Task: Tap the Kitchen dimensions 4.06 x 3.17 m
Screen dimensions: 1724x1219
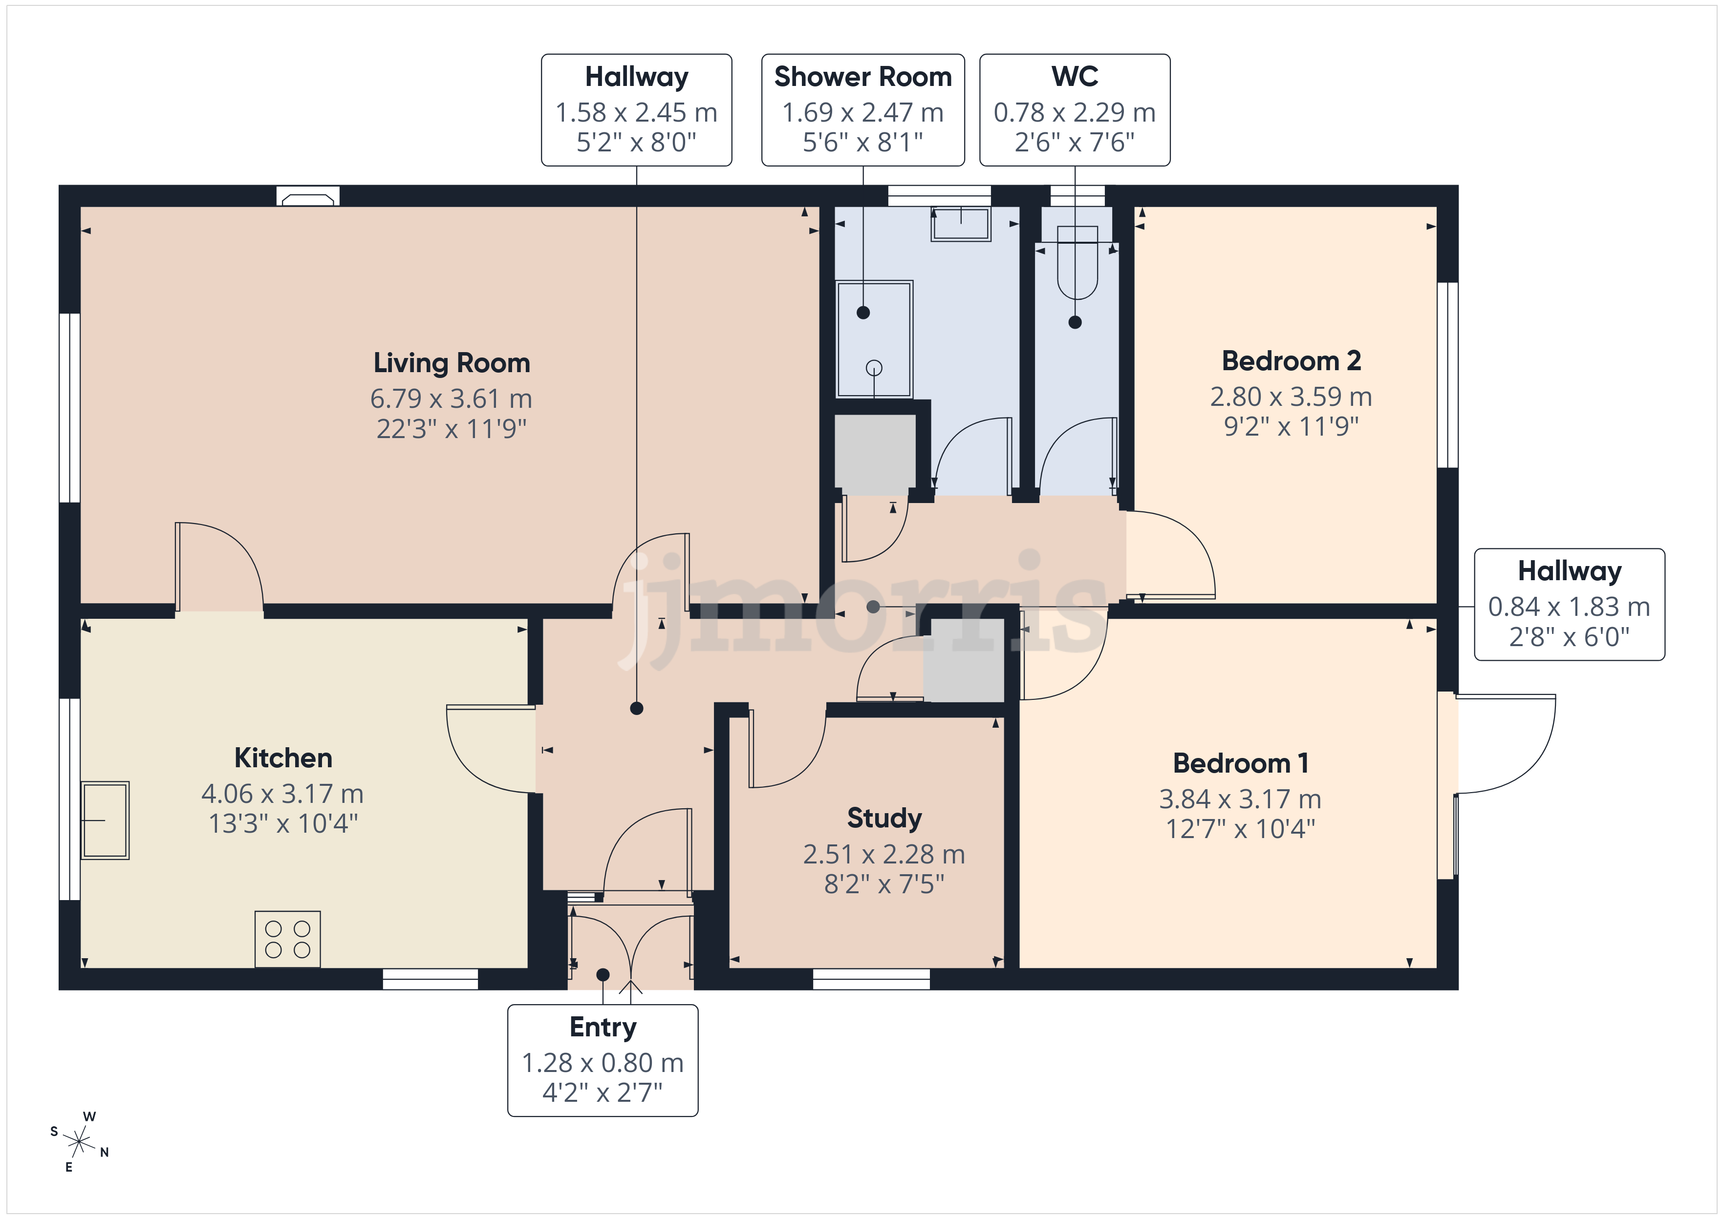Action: pyautogui.click(x=282, y=794)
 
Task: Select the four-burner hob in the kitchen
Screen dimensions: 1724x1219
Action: pyautogui.click(x=288, y=939)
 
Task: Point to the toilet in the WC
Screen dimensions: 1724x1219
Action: pyautogui.click(x=1077, y=263)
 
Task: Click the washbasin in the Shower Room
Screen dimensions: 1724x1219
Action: pyautogui.click(x=960, y=224)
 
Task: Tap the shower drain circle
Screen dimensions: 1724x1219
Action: pyautogui.click(x=874, y=368)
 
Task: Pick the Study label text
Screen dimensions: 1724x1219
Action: pyautogui.click(x=884, y=818)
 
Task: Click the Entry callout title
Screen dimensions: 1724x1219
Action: pyautogui.click(x=603, y=1027)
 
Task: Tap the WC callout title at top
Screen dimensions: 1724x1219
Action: pyautogui.click(x=1075, y=77)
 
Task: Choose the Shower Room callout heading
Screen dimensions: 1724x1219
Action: pyautogui.click(x=863, y=77)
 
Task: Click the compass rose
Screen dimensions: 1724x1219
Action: pyautogui.click(x=79, y=1142)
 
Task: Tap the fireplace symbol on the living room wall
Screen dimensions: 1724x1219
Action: pyautogui.click(x=308, y=197)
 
